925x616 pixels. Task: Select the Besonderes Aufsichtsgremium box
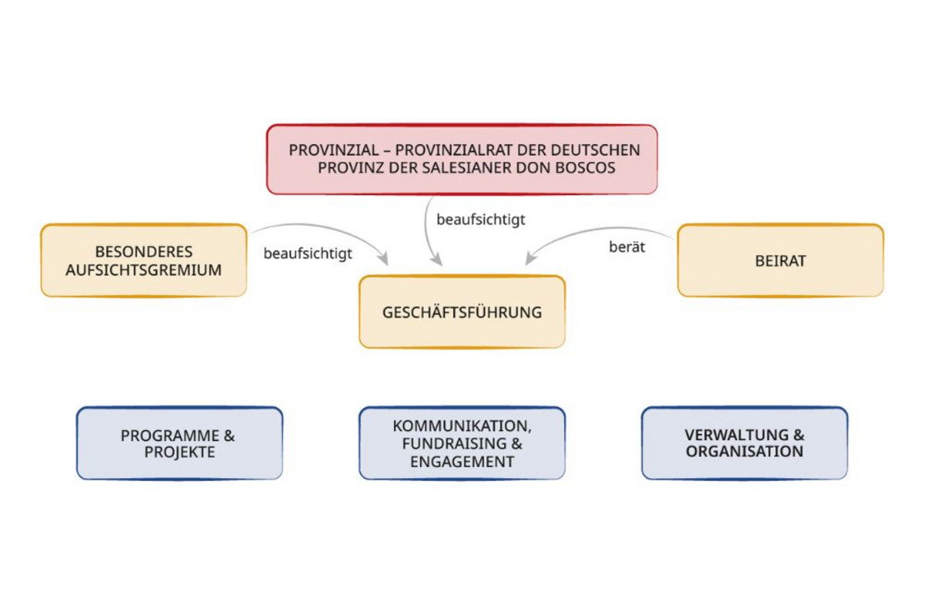click(143, 261)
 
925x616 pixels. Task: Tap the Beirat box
click(780, 261)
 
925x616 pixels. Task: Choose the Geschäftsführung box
click(462, 312)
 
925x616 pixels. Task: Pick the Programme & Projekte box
click(180, 443)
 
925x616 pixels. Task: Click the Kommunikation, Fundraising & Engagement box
click(462, 443)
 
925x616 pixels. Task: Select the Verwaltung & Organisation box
click(745, 443)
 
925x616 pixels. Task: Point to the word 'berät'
click(627, 248)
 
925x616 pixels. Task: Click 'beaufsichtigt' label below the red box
click(481, 220)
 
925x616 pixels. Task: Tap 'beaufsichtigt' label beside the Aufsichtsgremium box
click(308, 253)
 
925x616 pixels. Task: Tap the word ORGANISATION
click(745, 452)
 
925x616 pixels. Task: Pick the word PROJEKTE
click(180, 453)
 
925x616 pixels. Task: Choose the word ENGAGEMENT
click(462, 462)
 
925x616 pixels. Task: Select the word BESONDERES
click(144, 252)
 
